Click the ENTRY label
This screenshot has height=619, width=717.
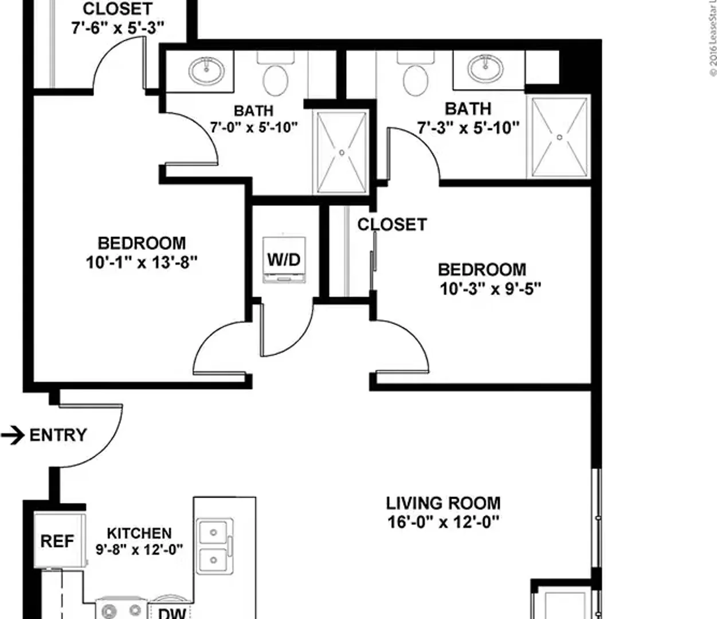(x=58, y=435)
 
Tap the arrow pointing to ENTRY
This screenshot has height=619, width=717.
(x=13, y=435)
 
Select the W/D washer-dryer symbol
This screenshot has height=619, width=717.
(x=284, y=260)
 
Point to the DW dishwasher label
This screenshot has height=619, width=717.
(x=172, y=613)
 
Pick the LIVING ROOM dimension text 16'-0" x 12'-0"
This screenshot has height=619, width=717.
(x=443, y=522)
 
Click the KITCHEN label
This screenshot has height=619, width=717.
(x=139, y=533)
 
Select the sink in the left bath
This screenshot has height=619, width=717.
(x=206, y=70)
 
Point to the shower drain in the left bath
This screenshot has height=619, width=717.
(x=342, y=152)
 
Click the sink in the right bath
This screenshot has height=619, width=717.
(x=485, y=68)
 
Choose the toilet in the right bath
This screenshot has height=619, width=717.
(x=416, y=75)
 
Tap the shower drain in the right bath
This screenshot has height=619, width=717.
(x=559, y=138)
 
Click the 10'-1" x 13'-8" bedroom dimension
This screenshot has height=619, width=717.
(x=142, y=263)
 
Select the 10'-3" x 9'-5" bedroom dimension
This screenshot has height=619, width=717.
(x=490, y=289)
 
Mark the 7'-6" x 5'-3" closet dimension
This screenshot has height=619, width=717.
(x=117, y=28)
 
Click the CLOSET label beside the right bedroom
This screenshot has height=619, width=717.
(x=392, y=225)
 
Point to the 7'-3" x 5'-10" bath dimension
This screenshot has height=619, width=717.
(x=468, y=128)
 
